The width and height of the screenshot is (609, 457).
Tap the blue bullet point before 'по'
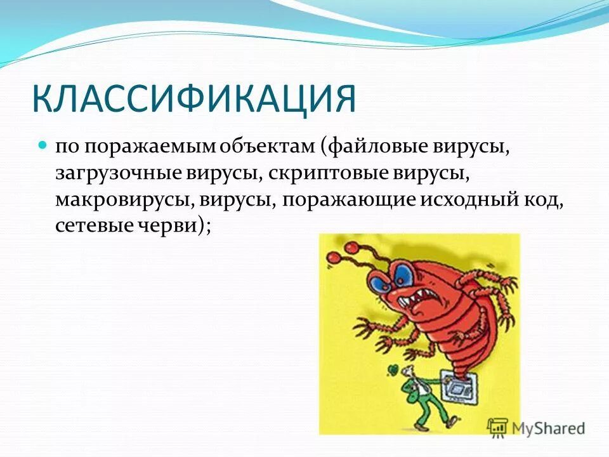[43, 145]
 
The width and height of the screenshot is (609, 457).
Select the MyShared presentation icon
[498, 427]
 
